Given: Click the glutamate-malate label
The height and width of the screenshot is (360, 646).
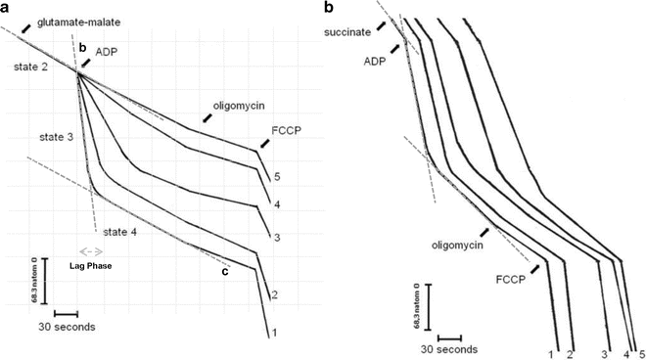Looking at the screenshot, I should (79, 21).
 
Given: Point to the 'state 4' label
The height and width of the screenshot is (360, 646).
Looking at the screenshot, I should (122, 231).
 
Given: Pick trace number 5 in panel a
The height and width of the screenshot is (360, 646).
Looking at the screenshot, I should (277, 177).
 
